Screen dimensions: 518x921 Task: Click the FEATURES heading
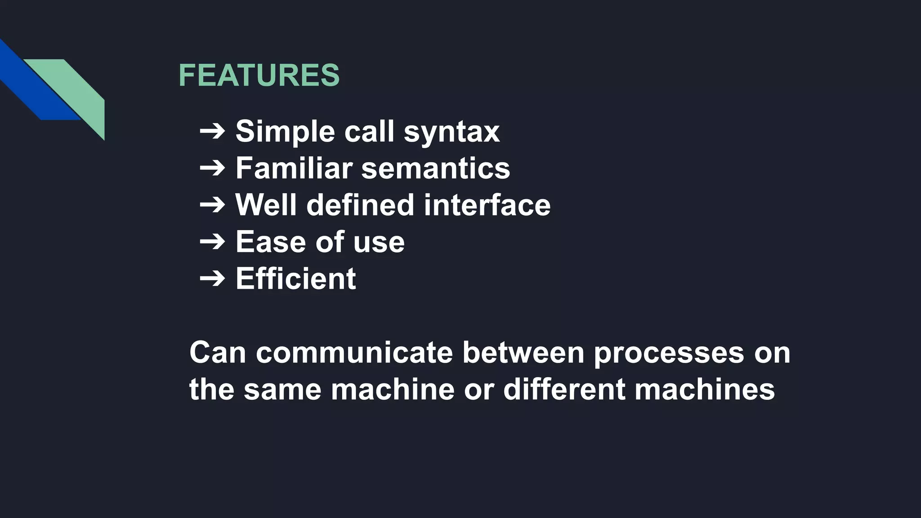[259, 75]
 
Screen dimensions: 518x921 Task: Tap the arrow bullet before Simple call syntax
[212, 131]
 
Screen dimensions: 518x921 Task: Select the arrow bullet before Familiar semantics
[212, 168]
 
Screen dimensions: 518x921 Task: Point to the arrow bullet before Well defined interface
[212, 205]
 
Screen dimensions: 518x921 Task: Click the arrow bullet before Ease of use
[212, 242]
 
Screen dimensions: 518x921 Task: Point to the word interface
[487, 205]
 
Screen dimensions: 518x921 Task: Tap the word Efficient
[296, 279]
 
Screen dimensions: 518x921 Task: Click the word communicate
[354, 353]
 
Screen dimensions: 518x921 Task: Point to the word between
[523, 353]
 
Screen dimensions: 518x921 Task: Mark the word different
[564, 389]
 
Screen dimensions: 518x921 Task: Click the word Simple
[285, 132]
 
